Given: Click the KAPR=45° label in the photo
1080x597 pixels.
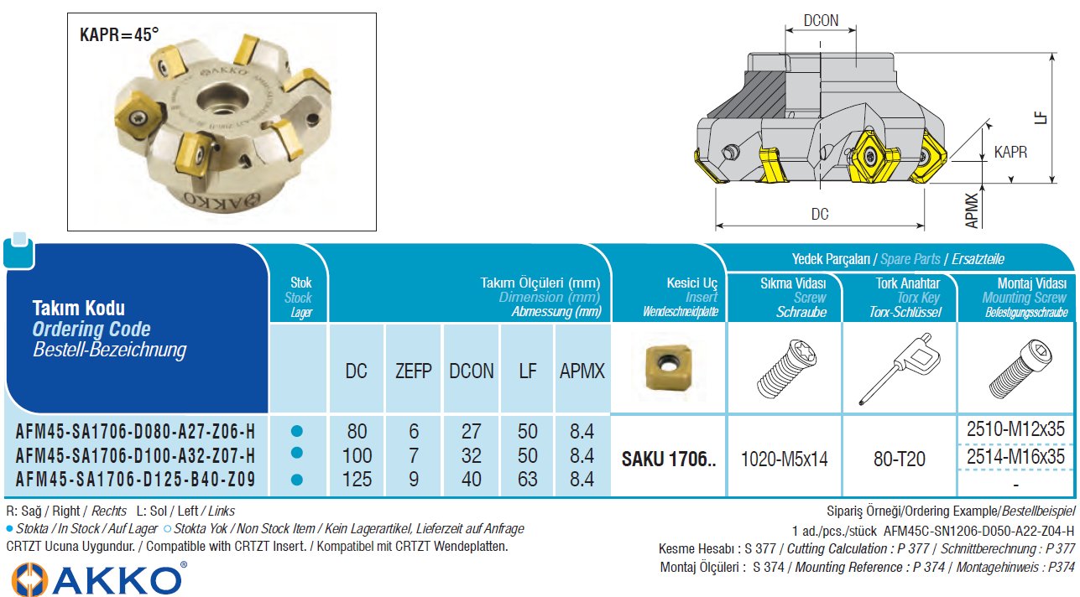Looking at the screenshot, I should tap(119, 35).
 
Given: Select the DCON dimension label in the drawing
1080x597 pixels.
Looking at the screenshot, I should tap(820, 20).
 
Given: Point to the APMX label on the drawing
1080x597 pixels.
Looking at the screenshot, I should tap(973, 210).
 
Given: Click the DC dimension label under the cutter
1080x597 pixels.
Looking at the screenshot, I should tap(820, 215).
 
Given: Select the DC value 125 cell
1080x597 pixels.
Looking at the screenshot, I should tap(357, 480).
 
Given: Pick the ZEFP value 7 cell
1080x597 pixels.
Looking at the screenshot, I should tap(413, 456).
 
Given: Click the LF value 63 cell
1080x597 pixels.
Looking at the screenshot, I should tap(527, 480).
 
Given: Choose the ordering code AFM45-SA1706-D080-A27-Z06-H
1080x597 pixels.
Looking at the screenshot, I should tap(135, 433).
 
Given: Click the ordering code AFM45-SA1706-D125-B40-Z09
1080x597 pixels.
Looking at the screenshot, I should tap(135, 480).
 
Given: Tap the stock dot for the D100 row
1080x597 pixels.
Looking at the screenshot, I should tap(296, 454).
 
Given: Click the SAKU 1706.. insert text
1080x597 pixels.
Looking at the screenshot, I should tap(668, 459).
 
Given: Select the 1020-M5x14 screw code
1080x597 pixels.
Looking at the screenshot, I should tap(784, 459).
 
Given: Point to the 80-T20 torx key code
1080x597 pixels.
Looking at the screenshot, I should tap(899, 459).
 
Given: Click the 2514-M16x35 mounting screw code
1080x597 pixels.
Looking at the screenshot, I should tap(1015, 457).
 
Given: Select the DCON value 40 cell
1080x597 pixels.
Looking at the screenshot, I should tap(471, 480).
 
